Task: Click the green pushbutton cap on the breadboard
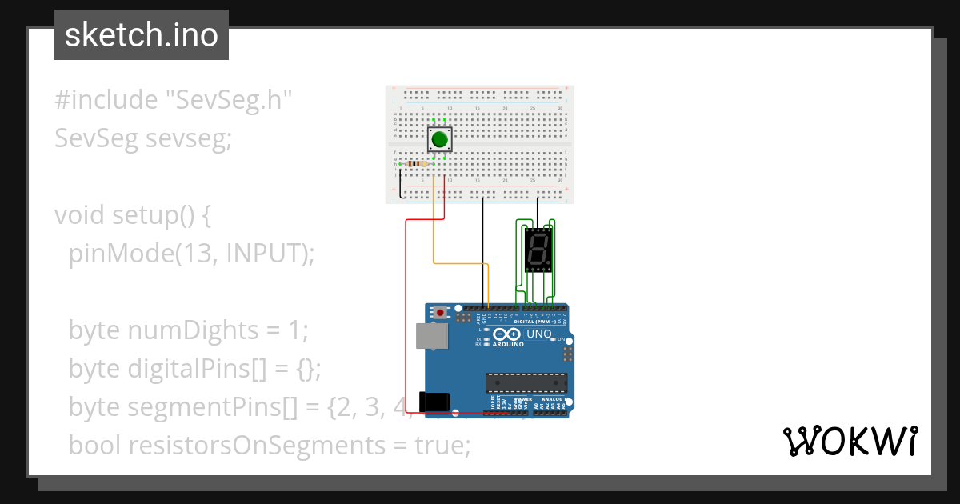click(439, 140)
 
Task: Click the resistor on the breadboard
click(418, 164)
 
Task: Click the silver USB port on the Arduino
click(431, 336)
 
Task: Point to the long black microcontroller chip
click(526, 384)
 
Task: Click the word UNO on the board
click(539, 334)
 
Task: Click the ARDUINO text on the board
click(508, 344)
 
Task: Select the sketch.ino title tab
click(142, 35)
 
